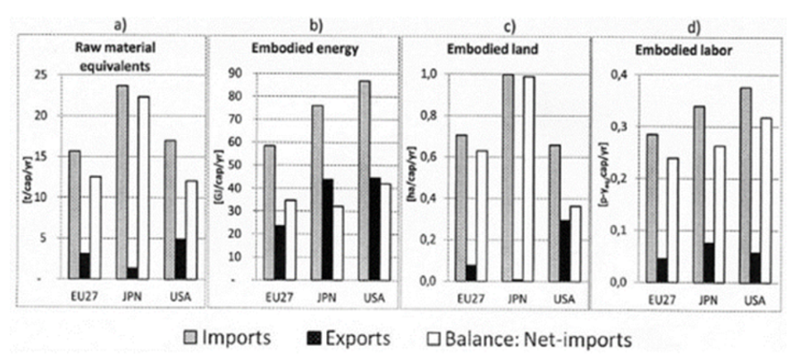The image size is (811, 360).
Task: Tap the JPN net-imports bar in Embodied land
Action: coord(527,178)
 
